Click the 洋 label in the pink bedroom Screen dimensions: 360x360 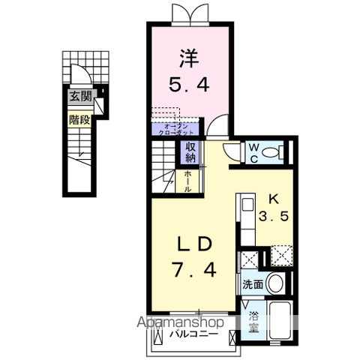(188, 56)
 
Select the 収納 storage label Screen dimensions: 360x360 (190, 151)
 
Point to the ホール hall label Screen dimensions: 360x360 (190, 181)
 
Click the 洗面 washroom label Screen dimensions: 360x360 (251, 284)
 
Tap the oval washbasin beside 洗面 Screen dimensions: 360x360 (275, 284)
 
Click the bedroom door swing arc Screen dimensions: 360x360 (217, 127)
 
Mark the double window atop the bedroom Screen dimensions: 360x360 (188, 13)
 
